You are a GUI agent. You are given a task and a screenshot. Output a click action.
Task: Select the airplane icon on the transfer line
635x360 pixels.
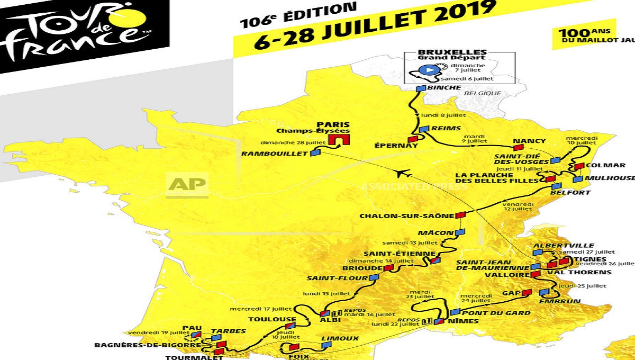coord(403,173)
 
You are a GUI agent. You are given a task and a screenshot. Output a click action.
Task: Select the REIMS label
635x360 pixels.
coord(446,128)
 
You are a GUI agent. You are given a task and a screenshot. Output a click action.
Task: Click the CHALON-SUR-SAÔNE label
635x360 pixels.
coord(406,215)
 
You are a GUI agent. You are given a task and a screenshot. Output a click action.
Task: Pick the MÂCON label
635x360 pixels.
coord(436,232)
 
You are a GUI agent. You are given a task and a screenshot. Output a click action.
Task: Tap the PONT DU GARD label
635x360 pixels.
coord(496,313)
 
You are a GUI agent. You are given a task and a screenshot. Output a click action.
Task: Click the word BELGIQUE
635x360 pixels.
coord(482,93)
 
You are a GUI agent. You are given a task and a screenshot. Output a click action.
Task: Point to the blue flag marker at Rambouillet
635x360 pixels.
coord(315,153)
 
